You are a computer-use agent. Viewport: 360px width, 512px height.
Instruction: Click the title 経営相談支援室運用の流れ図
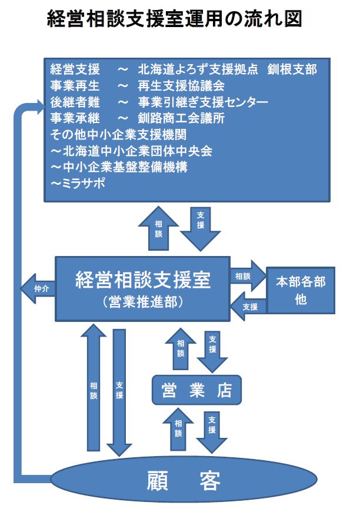pyautogui.click(x=175, y=20)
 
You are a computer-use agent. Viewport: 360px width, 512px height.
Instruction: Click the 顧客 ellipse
pyautogui.click(x=183, y=481)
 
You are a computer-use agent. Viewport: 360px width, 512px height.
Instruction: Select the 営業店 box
pyautogui.click(x=196, y=390)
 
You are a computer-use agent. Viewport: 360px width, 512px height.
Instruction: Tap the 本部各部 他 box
pyautogui.click(x=301, y=290)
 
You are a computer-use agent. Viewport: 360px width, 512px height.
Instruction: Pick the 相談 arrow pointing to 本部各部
pyautogui.click(x=247, y=275)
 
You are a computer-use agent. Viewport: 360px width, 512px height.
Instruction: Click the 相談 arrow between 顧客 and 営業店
pyautogui.click(x=178, y=429)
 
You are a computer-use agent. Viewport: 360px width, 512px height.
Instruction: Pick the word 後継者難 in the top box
pyautogui.click(x=74, y=102)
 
